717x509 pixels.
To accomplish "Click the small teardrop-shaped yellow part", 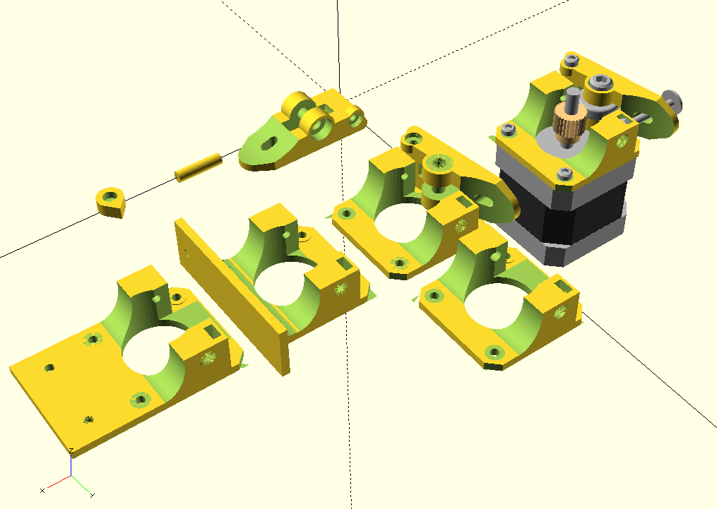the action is tap(110, 202).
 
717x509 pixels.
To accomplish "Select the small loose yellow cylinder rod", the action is tap(198, 168).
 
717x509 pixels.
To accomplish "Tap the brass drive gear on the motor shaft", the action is tap(567, 124).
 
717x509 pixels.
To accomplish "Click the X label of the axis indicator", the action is tap(42, 491).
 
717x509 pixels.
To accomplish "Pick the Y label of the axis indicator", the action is tap(93, 495).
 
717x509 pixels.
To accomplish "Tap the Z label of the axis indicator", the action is tap(71, 451).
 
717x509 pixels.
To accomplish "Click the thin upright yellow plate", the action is tap(231, 294).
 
